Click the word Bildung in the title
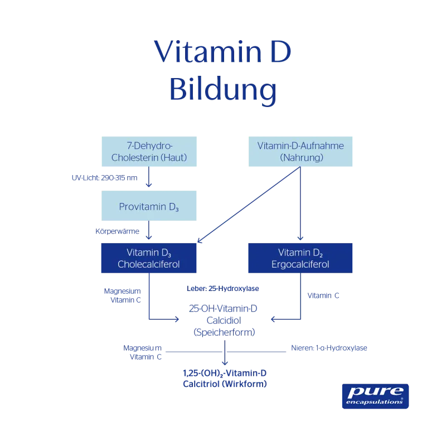(x=222, y=89)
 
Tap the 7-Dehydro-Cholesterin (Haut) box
(x=149, y=152)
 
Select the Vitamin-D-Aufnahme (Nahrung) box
(x=300, y=152)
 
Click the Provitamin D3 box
(x=149, y=206)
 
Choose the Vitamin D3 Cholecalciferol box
(x=149, y=258)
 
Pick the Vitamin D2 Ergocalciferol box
(x=300, y=258)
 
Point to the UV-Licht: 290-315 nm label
(x=104, y=178)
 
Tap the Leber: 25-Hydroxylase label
(x=223, y=288)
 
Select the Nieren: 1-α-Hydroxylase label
(x=329, y=348)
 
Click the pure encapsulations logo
(x=375, y=396)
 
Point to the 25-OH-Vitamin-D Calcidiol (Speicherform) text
(x=224, y=320)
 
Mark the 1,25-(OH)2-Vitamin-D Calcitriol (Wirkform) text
(x=225, y=379)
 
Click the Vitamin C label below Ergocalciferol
(x=323, y=296)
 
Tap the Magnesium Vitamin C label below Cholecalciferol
(x=123, y=295)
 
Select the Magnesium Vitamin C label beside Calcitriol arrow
(x=143, y=352)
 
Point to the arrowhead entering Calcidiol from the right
(x=274, y=319)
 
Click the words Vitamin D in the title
(x=222, y=52)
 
